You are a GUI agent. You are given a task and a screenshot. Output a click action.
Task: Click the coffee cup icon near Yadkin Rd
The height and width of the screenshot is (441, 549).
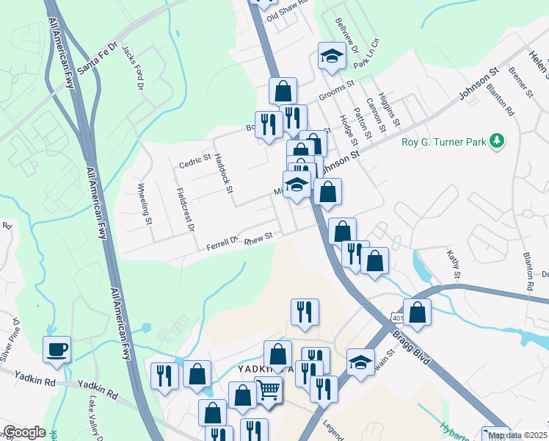point(57,349)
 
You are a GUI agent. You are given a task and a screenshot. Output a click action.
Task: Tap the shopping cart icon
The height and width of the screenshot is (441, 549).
point(268,390)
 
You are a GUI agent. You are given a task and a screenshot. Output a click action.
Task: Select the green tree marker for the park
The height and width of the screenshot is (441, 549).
point(497,140)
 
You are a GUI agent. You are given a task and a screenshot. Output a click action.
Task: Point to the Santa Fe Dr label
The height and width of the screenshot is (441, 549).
point(98,57)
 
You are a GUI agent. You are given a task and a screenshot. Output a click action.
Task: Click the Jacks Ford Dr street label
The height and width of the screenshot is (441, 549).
point(134,67)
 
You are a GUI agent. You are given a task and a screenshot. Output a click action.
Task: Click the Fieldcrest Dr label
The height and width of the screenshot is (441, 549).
point(184,209)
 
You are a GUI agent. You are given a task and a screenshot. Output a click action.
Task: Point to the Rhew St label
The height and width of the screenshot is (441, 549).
point(258,237)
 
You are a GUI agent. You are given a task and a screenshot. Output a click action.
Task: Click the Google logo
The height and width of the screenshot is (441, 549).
point(24,433)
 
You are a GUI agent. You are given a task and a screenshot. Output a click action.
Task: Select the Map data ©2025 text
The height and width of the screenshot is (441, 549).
point(517,435)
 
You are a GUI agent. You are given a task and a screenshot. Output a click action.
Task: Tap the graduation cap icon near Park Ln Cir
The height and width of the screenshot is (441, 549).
point(332,55)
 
